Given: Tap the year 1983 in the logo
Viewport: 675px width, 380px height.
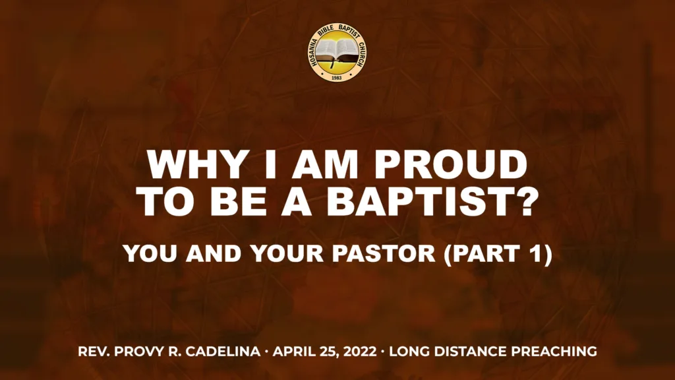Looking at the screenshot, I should (x=337, y=77).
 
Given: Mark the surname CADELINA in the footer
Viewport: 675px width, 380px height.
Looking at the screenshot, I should (x=223, y=352).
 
